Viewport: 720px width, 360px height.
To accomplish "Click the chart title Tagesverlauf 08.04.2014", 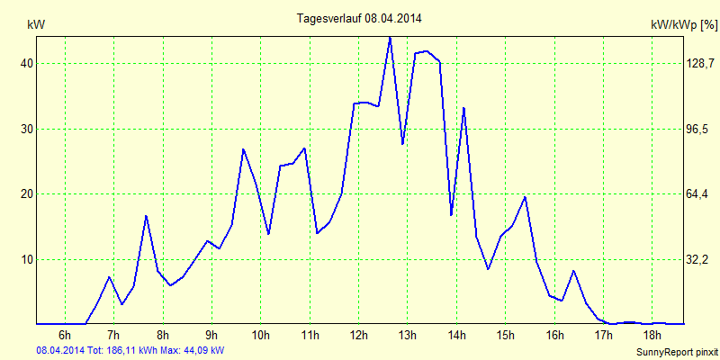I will (x=359, y=18).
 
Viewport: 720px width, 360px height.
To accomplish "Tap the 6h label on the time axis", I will (x=64, y=337).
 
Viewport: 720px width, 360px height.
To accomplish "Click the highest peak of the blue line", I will (x=390, y=38).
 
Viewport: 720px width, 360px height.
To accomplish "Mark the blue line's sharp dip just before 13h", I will (x=402, y=143).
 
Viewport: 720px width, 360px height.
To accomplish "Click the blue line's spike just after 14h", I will (x=463, y=108).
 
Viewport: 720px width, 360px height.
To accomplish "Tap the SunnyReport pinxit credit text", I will (x=674, y=352).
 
